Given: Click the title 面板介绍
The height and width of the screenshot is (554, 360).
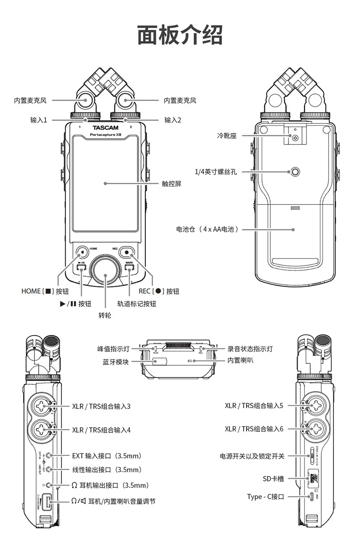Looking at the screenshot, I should [180, 35].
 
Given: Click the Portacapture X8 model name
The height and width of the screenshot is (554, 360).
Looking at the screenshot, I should [105, 135].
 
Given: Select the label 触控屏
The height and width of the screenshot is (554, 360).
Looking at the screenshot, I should [171, 184].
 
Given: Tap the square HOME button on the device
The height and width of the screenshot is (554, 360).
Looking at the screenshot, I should [82, 252].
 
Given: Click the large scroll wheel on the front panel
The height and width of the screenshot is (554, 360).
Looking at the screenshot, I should [105, 275].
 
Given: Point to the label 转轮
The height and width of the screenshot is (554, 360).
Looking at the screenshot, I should [105, 315].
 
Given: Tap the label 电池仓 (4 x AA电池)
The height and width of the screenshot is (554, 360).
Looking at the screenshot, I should [207, 229].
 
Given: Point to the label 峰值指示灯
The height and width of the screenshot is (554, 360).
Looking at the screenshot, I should [113, 349].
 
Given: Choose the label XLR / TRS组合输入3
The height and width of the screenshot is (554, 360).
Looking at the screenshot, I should [101, 405].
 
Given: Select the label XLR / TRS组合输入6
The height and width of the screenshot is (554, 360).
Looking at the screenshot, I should [254, 429].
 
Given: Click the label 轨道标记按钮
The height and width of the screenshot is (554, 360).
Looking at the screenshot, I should [137, 304].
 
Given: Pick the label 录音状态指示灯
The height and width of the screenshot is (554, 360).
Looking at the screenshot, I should [250, 349].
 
